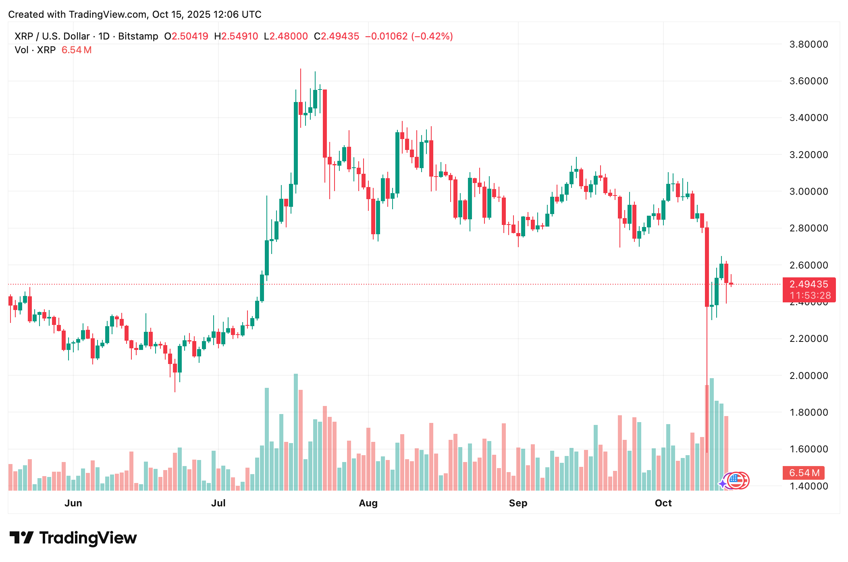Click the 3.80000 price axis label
click(809, 44)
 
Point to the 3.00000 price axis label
click(809, 191)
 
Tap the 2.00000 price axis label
click(809, 375)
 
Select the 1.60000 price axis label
click(809, 449)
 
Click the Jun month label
click(73, 503)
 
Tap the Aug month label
click(368, 503)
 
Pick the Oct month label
click(663, 503)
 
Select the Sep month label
click(518, 503)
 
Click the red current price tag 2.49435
click(809, 284)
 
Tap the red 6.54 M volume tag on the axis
click(804, 473)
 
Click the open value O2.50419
click(186, 36)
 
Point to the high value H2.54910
click(236, 36)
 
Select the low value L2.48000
click(286, 36)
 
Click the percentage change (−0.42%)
click(432, 36)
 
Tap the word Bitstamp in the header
click(138, 36)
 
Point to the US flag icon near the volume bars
click(737, 480)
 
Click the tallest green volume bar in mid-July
click(296, 431)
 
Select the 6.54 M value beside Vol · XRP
click(77, 50)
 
